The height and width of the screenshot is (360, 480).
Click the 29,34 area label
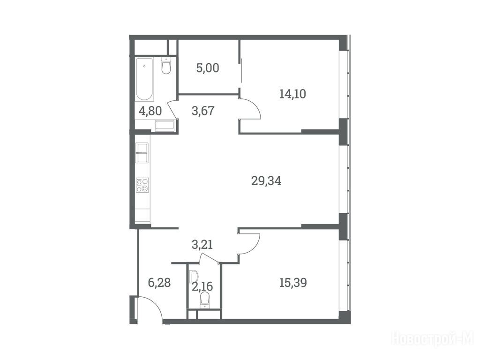click(x=266, y=181)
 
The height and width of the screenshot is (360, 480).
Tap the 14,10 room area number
click(x=292, y=94)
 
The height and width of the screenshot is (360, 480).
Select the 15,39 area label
click(x=293, y=283)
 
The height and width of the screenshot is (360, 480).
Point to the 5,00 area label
click(x=208, y=68)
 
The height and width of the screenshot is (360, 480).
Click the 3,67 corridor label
click(x=203, y=111)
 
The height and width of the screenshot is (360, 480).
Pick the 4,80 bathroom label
click(x=150, y=111)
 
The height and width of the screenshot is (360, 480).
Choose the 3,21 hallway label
click(x=202, y=245)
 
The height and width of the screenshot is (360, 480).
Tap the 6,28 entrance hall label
click(x=159, y=283)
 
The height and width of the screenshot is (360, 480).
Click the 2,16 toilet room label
click(x=202, y=287)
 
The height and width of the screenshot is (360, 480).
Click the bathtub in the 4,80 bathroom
click(x=144, y=79)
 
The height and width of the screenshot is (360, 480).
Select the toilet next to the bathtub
click(x=166, y=66)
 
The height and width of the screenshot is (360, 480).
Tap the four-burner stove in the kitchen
click(x=142, y=185)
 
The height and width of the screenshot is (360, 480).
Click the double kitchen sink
click(x=142, y=153)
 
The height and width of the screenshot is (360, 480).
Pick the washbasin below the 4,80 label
click(x=165, y=126)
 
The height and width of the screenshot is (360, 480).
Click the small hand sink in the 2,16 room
click(x=193, y=277)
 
